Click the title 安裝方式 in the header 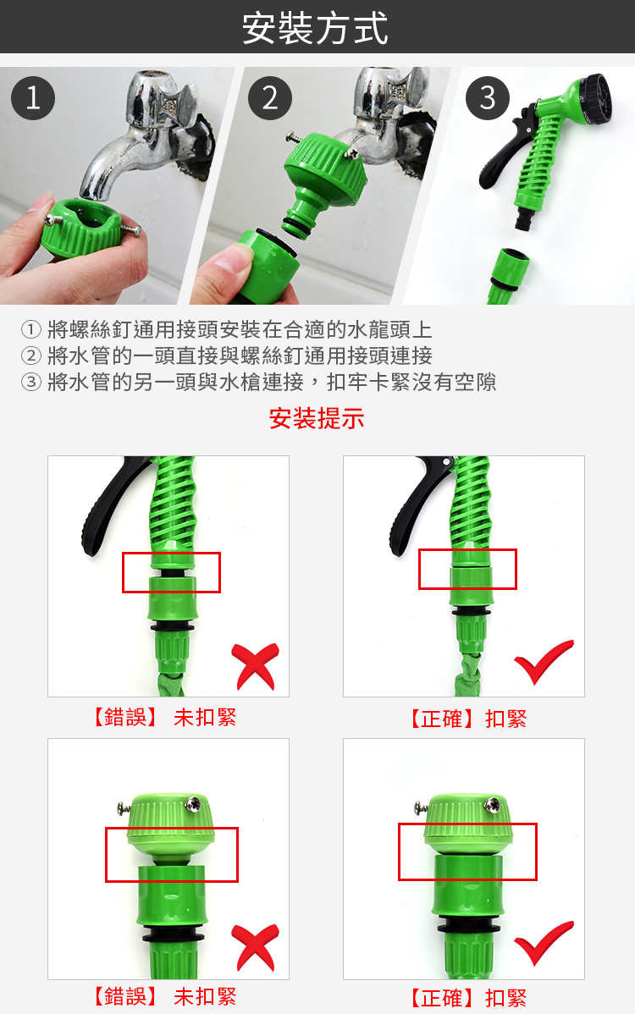coord(316,27)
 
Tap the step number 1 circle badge coord(33,99)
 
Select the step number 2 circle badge coord(269,99)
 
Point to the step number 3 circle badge coord(487,98)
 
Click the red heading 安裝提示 coord(317,418)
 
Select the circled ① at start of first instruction coord(30,329)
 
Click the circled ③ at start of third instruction coord(30,383)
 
